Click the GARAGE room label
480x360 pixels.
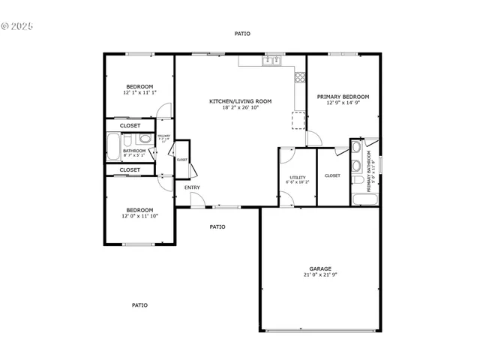320,268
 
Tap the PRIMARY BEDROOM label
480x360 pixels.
343,97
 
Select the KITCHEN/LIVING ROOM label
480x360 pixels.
240,101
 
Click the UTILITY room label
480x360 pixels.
296,178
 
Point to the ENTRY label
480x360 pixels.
192,187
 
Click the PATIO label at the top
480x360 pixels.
242,34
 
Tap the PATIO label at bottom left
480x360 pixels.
139,305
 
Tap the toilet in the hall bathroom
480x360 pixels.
143,139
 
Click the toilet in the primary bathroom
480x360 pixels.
358,180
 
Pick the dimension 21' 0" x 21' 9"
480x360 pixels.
320,275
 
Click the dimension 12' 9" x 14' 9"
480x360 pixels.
343,103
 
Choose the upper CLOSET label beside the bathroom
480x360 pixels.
130,125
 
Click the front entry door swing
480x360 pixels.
196,199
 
